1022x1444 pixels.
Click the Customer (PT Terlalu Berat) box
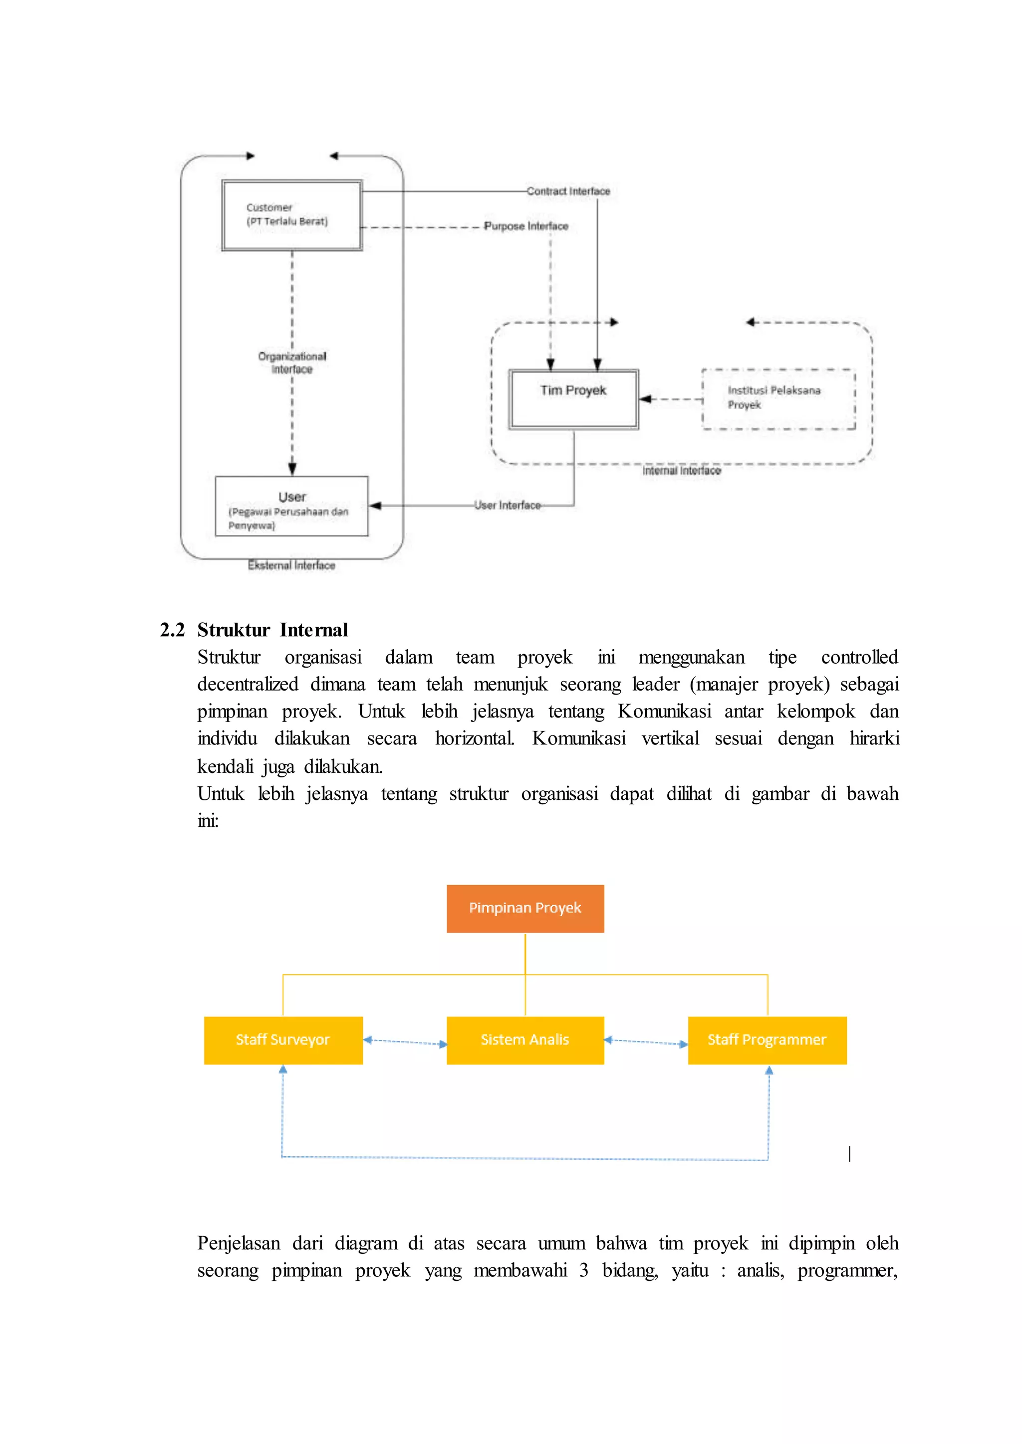[x=291, y=215]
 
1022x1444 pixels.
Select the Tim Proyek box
[x=573, y=399]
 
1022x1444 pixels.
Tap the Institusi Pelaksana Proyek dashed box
[x=778, y=399]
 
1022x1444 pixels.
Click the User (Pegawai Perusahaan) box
[x=291, y=506]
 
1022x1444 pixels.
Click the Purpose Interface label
[x=525, y=226]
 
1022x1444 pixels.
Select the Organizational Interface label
[x=292, y=362]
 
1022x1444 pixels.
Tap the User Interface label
[x=507, y=505]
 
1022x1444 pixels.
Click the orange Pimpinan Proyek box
[x=525, y=908]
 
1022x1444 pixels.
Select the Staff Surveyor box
[x=282, y=1040]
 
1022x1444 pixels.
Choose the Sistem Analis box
[x=525, y=1040]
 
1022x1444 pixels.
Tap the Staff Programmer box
[x=766, y=1040]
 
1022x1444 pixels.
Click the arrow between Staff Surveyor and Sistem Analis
[x=405, y=1042]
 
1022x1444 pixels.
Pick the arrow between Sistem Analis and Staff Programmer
[x=646, y=1042]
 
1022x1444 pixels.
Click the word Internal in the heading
[x=313, y=630]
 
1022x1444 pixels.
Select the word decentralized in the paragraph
[x=248, y=684]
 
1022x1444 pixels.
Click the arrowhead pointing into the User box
[x=375, y=505]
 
